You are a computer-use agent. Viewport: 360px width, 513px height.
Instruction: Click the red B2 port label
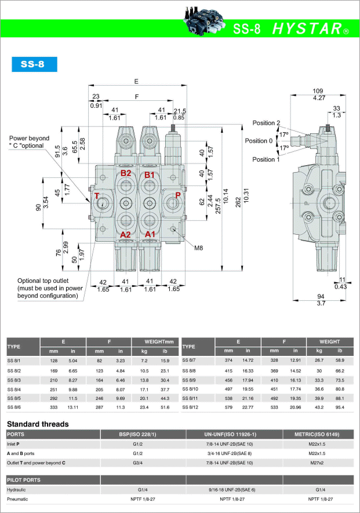click(126, 173)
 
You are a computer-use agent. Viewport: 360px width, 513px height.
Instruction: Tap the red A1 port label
click(150, 234)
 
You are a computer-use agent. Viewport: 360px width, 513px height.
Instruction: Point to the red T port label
click(97, 196)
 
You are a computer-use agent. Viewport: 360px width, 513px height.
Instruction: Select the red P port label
click(178, 195)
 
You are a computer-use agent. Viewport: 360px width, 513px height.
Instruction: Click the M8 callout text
click(198, 248)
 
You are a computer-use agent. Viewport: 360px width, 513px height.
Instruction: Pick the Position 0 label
click(259, 141)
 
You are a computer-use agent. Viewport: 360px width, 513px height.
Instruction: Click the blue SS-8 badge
click(34, 64)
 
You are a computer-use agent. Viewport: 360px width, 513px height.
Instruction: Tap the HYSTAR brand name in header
click(307, 29)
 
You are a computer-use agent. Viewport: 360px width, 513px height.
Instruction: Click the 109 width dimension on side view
click(318, 90)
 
